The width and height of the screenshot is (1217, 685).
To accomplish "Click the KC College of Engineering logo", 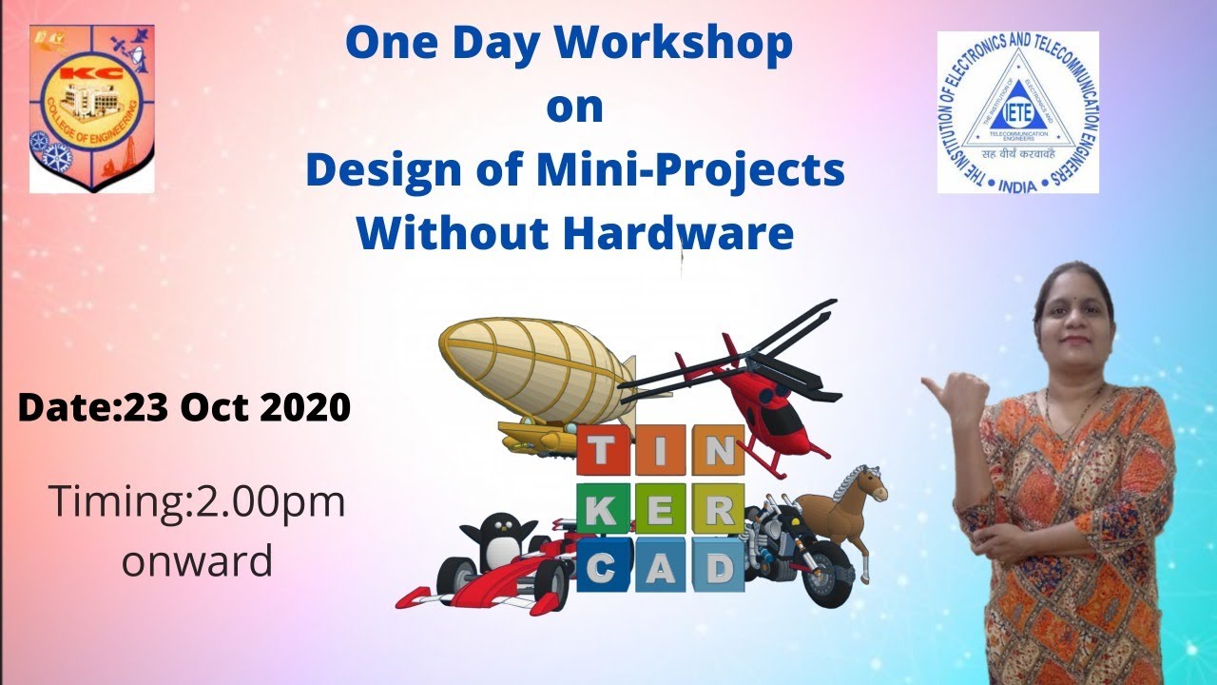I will click(91, 108).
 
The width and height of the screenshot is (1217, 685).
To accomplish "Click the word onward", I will click(197, 560).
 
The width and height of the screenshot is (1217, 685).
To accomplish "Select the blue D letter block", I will click(717, 569).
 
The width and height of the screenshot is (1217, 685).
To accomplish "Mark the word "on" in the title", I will click(574, 108).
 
